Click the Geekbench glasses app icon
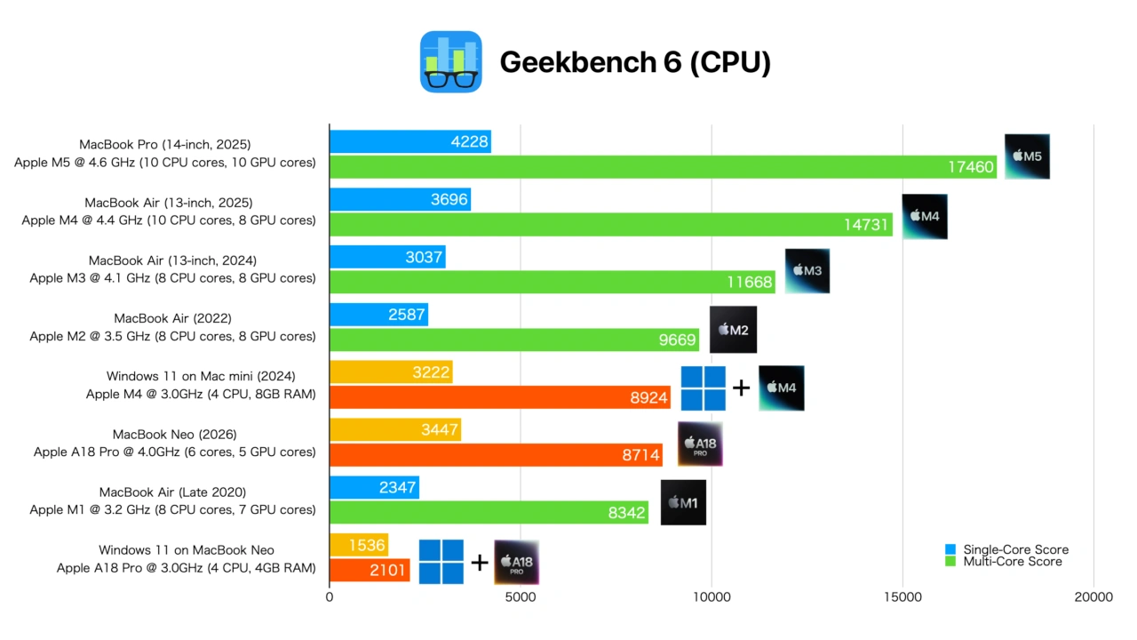click(450, 62)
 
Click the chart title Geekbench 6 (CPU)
click(634, 62)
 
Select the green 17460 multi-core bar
click(663, 167)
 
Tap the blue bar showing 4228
click(409, 141)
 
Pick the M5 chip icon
click(1027, 156)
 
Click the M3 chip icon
click(807, 271)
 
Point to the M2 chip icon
click(733, 330)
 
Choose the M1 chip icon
click(683, 503)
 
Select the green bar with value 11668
click(552, 282)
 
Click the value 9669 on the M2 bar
click(677, 340)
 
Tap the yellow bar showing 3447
click(394, 430)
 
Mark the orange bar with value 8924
click(499, 397)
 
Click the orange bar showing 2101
click(370, 570)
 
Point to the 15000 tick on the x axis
click(902, 598)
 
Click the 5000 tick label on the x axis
click(521, 598)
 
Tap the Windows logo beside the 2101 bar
click(441, 562)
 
